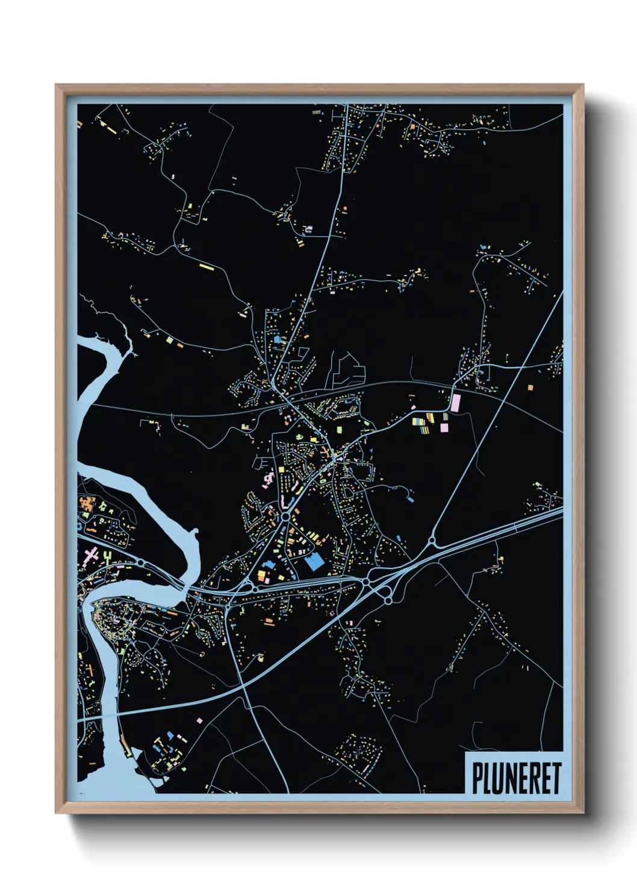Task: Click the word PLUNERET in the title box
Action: [x=516, y=778]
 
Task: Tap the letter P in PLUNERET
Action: [x=477, y=778]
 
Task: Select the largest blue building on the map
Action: [x=314, y=563]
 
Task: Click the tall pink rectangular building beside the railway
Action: [x=455, y=403]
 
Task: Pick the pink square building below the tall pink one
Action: [x=444, y=427]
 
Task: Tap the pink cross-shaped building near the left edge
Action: [x=91, y=553]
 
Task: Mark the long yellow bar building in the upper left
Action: [x=207, y=266]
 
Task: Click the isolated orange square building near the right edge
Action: [x=530, y=388]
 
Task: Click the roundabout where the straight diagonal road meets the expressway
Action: [x=432, y=541]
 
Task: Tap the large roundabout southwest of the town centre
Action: [x=285, y=517]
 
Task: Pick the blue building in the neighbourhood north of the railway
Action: [x=277, y=340]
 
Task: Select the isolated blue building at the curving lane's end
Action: [x=410, y=498]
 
